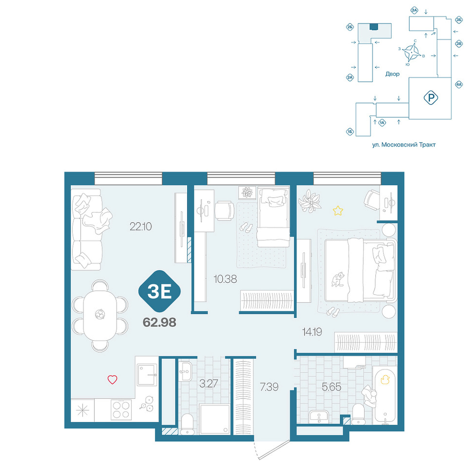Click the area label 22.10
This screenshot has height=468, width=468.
140,227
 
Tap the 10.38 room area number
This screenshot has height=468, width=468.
225,279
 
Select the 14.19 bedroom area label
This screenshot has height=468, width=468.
312,331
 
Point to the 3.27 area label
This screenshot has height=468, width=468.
208,384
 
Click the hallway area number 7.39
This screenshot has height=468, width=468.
269,387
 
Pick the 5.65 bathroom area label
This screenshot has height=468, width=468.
331,387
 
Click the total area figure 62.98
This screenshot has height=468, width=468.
159,322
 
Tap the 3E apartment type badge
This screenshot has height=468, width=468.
160,292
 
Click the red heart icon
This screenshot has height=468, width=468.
112,380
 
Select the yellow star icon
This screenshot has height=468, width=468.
338,211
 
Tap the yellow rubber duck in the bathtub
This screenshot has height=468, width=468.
385,379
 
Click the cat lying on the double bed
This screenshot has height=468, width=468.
337,279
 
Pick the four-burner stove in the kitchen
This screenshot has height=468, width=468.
121,409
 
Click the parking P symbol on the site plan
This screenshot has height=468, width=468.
430,97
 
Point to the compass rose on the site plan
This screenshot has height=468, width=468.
411,52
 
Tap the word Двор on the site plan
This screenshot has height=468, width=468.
392,74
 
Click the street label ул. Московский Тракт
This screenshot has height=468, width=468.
404,145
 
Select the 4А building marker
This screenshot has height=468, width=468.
458,85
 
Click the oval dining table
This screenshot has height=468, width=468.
99,316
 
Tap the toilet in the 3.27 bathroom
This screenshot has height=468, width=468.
188,424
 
